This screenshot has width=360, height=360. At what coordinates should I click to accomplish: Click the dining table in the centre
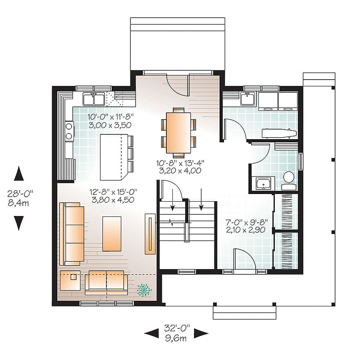coord(178,131)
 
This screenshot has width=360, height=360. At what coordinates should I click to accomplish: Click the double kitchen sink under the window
coord(94,98)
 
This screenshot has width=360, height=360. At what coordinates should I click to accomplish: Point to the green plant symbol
coord(144,290)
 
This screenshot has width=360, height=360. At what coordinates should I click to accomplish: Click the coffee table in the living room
coord(112,234)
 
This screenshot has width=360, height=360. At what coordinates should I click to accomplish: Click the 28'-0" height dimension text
coord(20,193)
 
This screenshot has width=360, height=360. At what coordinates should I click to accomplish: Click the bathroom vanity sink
coord(263,184)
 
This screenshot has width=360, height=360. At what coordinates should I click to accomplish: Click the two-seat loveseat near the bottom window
coord(106,282)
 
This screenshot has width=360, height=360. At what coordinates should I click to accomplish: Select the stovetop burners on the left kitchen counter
coord(69,132)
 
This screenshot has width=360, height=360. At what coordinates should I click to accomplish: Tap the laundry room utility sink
coord(248,98)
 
